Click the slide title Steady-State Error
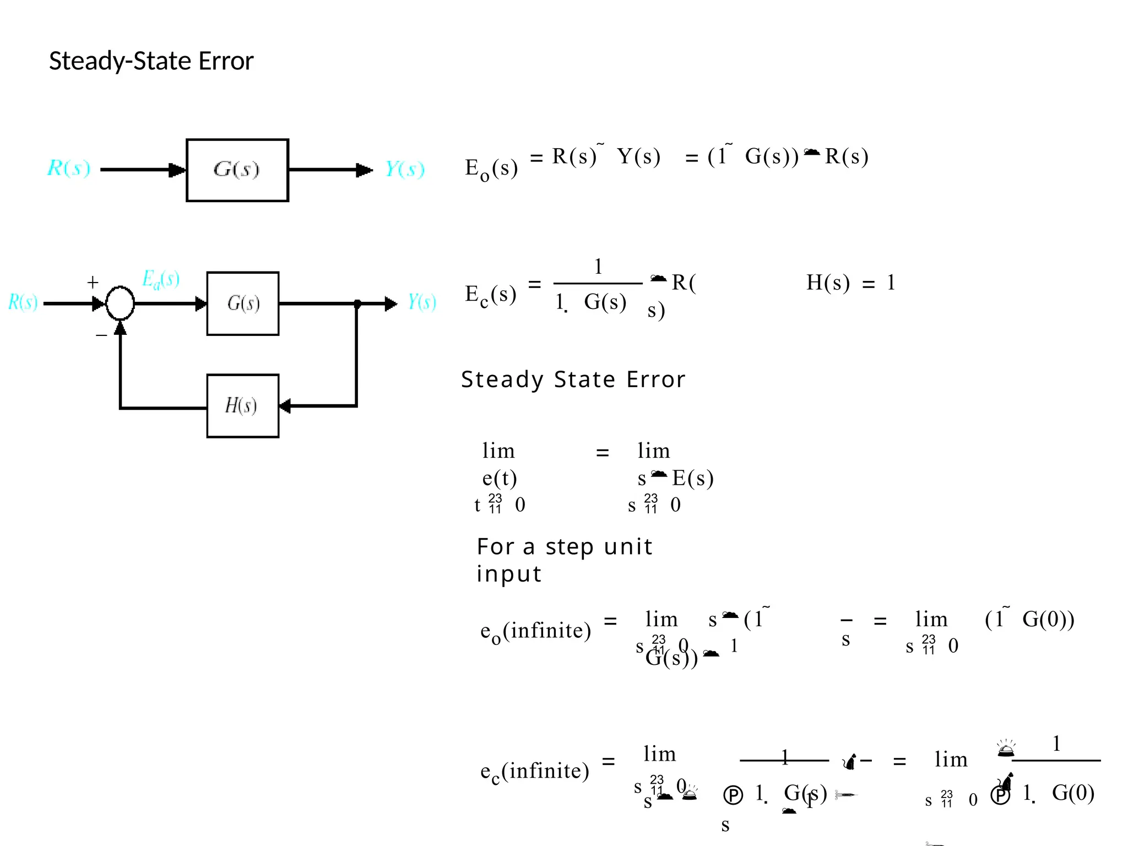151,61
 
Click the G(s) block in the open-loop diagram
237,170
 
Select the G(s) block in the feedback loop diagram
243,303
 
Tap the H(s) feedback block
243,406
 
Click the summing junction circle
120,303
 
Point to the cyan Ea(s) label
160,279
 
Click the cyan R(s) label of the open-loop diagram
69,168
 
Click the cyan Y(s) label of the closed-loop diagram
422,302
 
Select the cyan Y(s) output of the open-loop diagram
405,169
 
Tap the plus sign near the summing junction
93,283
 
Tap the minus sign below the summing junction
101,335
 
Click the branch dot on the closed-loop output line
357,303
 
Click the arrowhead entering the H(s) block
285,406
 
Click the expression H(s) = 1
850,283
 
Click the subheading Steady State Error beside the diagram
573,379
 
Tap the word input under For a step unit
509,574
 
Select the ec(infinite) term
534,771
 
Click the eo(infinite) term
535,631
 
